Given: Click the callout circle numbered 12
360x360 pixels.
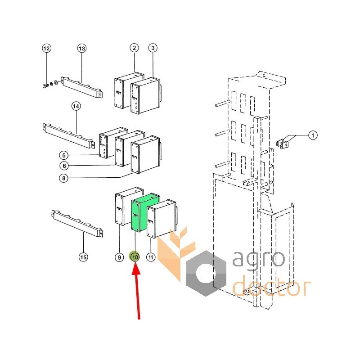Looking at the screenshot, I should pos(47,48).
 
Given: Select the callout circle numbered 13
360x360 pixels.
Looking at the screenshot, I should pos(81,48).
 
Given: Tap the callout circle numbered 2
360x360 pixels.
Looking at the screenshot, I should pos(134,48).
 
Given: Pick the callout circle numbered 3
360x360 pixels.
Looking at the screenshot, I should pos(153,48).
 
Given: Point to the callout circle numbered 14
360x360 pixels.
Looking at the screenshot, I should pos(76,106).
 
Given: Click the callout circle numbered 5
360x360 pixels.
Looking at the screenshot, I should pos(64,155).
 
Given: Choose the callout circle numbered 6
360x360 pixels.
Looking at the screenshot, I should pos(64,166).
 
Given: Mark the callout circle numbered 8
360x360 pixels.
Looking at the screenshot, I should pos(64,178).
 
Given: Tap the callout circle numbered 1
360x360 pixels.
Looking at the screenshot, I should pos(312,135).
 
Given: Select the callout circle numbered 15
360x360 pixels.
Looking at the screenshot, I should pos(83,257).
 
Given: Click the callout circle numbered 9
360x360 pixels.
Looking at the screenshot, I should pos(119,257).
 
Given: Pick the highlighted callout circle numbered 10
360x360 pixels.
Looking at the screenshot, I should pos(135,257).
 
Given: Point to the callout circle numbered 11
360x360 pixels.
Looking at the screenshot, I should pos(151,257).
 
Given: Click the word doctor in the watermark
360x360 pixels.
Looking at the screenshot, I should pos(271,286).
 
